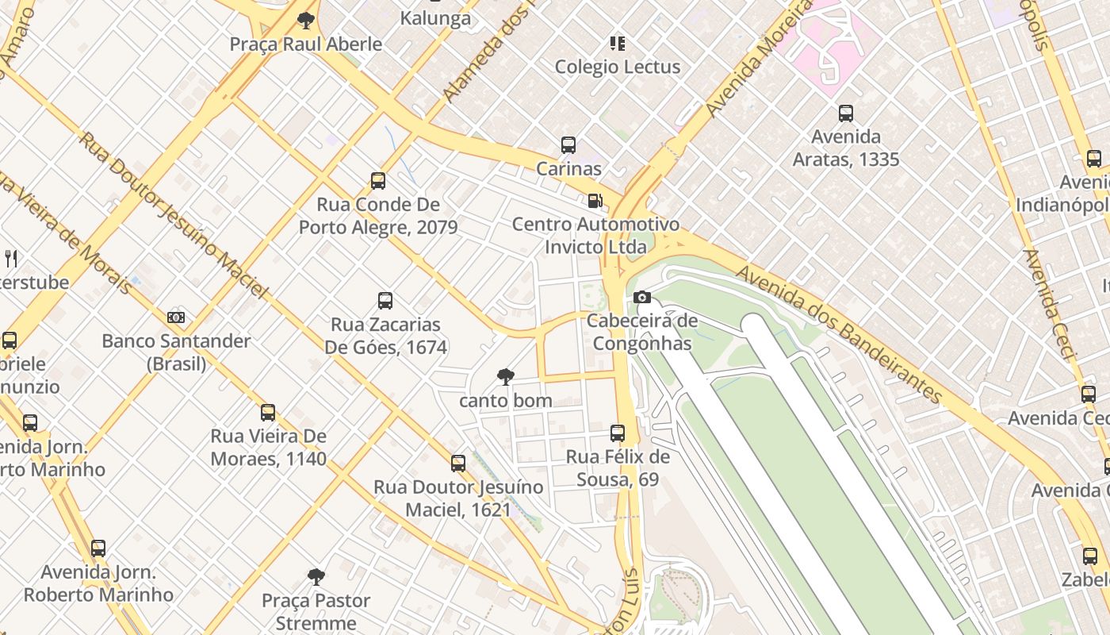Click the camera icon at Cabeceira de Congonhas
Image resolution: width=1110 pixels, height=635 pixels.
642,298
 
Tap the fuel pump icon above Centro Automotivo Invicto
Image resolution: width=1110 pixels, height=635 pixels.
595,201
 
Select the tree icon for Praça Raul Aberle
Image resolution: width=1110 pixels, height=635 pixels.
305,21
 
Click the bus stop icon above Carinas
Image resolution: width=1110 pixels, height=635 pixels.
568,145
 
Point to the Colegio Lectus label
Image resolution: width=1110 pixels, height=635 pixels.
617,67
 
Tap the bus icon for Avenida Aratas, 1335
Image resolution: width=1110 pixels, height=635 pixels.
846,114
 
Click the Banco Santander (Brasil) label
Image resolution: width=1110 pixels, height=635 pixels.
176,352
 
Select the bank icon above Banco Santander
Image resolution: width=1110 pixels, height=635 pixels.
176,317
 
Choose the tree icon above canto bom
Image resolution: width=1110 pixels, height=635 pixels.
505,377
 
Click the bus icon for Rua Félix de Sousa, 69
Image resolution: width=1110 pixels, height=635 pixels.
618,433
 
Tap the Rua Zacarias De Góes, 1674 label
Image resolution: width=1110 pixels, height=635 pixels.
385,336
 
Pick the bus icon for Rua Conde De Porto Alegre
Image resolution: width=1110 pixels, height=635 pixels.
378,181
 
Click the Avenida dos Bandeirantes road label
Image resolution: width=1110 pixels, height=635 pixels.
840,334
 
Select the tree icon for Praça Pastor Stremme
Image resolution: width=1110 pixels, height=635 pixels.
316,576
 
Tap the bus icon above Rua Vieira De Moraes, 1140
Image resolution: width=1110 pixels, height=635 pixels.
268,413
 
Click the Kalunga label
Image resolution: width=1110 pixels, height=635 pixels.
435,17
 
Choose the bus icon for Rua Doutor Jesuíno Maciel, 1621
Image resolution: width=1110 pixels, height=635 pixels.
458,464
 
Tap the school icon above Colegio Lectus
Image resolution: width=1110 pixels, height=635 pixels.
617,43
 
